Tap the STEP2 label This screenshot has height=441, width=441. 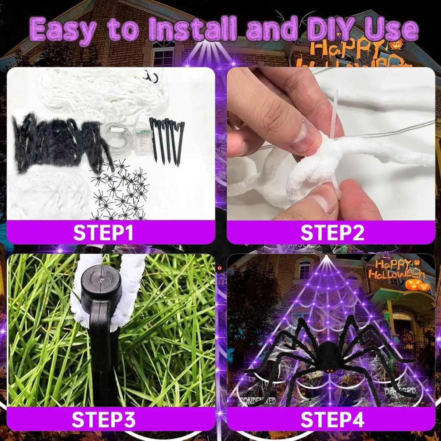pyautogui.click(x=332, y=232)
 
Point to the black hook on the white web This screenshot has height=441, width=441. pyautogui.click(x=151, y=77)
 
